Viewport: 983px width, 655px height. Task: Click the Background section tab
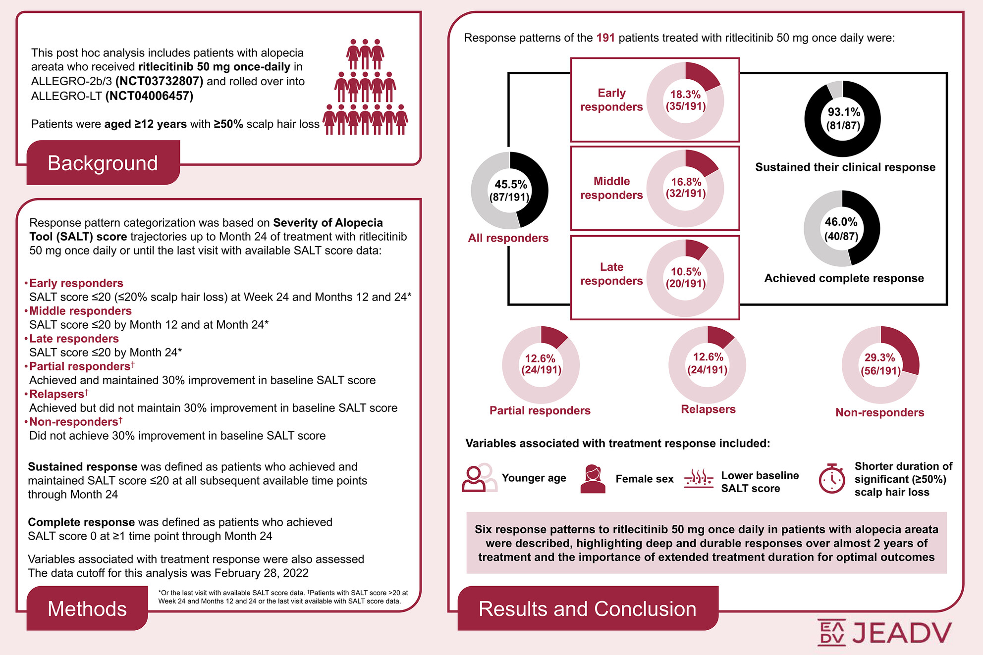103,163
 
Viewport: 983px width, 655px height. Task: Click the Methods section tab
87,608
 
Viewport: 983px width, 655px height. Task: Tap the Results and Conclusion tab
587,608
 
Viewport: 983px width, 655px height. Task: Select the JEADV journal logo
884,633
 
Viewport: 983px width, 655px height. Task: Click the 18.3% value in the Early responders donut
686,95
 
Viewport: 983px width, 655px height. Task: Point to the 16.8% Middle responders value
686,182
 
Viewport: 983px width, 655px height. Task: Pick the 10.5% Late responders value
686,272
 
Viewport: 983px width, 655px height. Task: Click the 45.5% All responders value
510,185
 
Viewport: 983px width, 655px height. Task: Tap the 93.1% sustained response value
844,112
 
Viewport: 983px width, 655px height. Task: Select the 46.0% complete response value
841,222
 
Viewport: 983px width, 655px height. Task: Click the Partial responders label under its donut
540,410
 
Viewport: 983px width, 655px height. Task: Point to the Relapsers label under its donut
708,409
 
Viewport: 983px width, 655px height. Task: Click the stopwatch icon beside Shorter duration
832,479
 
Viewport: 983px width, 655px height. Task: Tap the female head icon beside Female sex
593,479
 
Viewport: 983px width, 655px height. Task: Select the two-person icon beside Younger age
479,478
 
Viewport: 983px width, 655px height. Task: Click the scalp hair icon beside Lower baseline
699,479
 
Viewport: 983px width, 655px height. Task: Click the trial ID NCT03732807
159,81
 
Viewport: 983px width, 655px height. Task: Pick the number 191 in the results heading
605,38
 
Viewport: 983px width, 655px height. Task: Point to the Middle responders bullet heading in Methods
80,311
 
